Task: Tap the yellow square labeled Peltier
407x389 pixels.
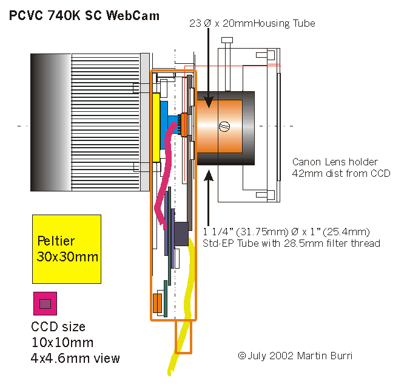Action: click(67, 248)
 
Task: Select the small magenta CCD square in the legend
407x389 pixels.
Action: click(45, 303)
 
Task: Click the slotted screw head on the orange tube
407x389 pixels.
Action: click(224, 126)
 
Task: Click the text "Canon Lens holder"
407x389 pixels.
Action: click(335, 162)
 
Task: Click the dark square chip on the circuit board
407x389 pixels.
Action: click(181, 235)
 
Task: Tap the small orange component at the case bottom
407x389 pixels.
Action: click(157, 302)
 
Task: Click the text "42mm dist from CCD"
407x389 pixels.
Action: click(341, 173)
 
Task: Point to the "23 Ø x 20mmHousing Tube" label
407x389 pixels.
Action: click(251, 23)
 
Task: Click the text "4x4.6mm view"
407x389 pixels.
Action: click(75, 358)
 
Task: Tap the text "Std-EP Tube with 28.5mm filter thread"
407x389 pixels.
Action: click(291, 244)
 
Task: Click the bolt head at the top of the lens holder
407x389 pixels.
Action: click(227, 41)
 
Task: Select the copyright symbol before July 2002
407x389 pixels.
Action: click(241, 355)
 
